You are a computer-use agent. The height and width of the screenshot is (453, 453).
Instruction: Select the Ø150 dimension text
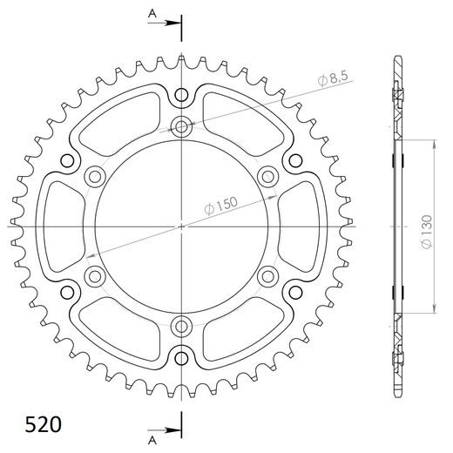tap(221, 206)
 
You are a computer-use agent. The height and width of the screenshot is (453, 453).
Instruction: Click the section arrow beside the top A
tap(168, 24)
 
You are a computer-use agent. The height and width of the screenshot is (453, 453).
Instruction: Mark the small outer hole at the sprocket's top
tap(181, 95)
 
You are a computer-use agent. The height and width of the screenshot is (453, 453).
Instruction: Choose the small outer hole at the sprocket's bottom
tap(181, 357)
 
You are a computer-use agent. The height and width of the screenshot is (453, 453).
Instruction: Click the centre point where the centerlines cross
tap(181, 226)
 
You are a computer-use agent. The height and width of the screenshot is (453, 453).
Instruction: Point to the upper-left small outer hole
tap(68, 161)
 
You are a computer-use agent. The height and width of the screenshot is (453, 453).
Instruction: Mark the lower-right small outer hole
tap(294, 292)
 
